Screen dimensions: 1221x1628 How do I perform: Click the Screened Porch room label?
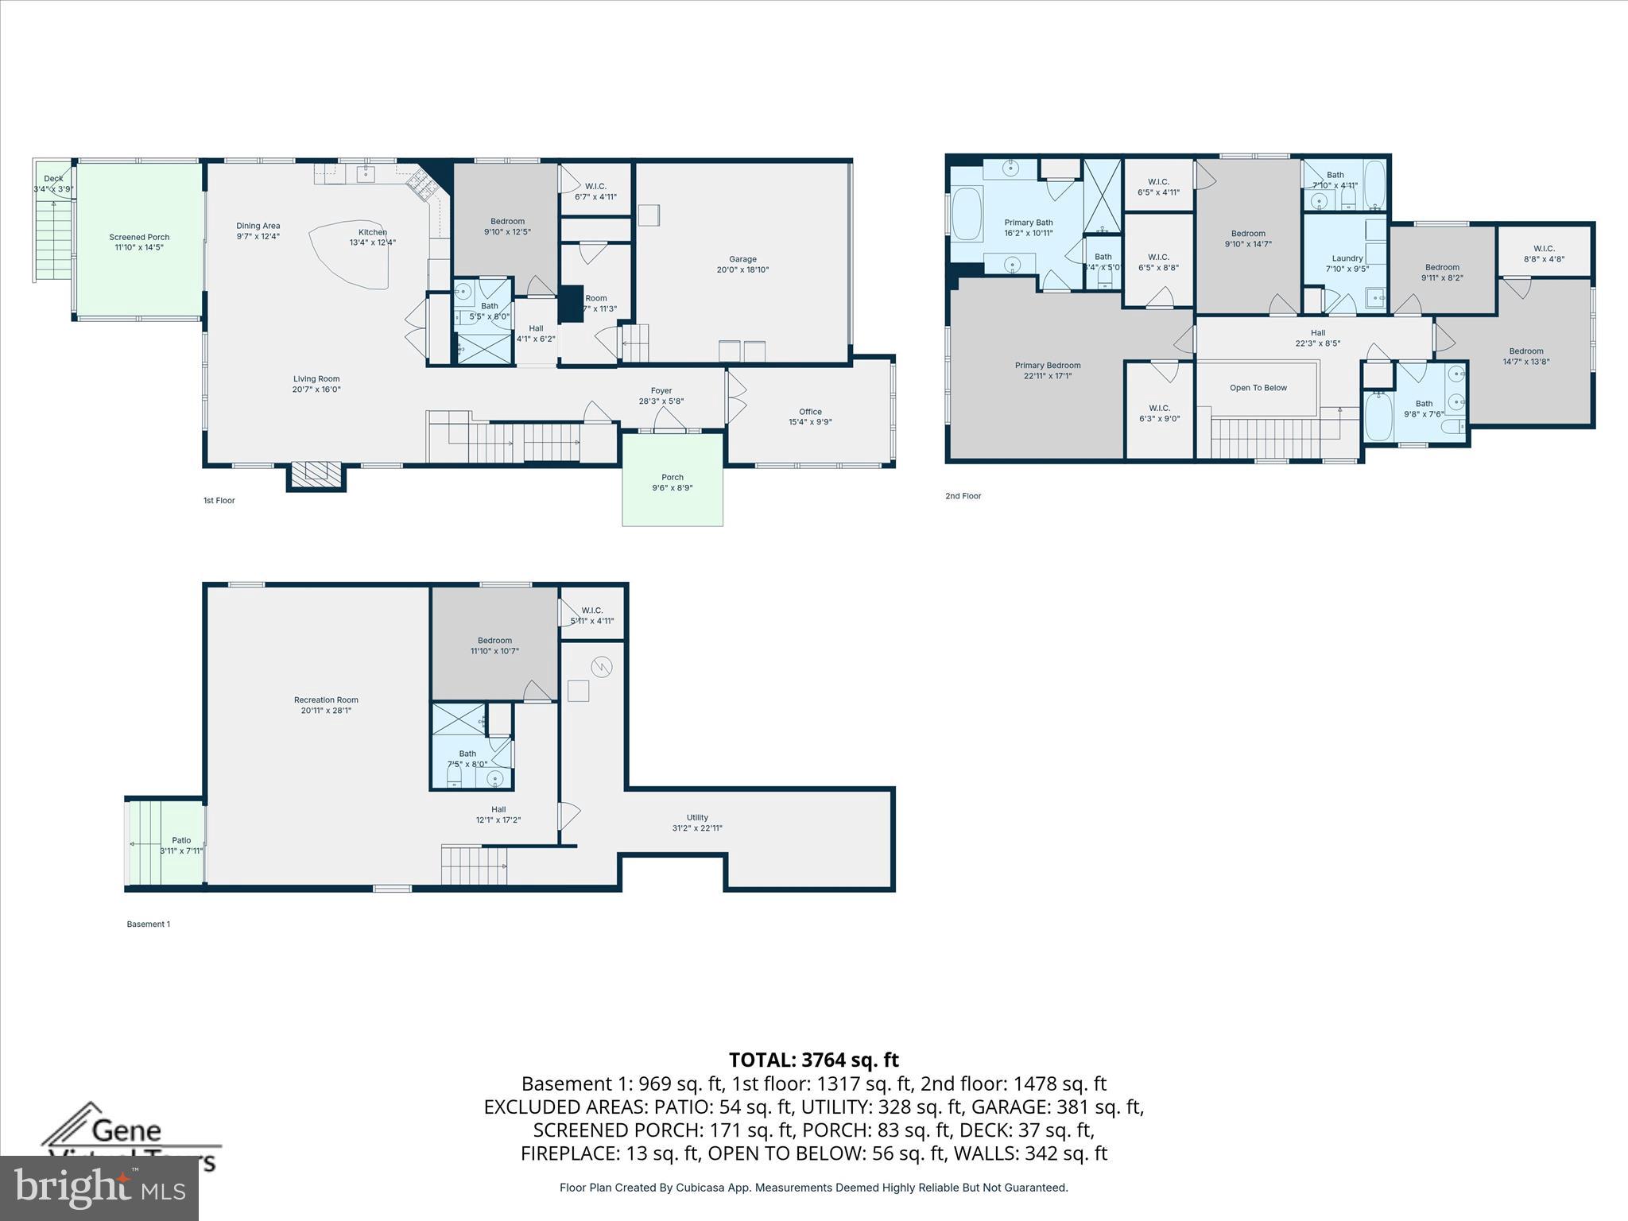139,237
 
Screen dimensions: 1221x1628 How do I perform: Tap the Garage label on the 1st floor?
742,259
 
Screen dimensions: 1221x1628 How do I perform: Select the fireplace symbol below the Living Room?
316,475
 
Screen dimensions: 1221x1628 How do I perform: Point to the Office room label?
810,412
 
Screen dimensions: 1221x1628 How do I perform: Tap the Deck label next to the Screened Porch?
53,179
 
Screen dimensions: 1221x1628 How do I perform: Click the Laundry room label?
1347,258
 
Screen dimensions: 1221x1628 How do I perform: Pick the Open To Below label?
1258,388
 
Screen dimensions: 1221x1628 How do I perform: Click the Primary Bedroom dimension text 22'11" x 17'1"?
1048,376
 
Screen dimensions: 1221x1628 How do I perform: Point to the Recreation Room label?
326,700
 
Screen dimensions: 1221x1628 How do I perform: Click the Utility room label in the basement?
697,817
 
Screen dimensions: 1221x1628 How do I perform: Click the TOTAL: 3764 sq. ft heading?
813,1060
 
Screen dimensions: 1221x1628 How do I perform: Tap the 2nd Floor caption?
963,496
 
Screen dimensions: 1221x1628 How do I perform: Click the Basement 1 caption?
149,924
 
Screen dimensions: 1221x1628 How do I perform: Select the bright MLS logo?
99,1188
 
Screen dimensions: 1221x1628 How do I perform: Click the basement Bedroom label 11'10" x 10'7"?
494,641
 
